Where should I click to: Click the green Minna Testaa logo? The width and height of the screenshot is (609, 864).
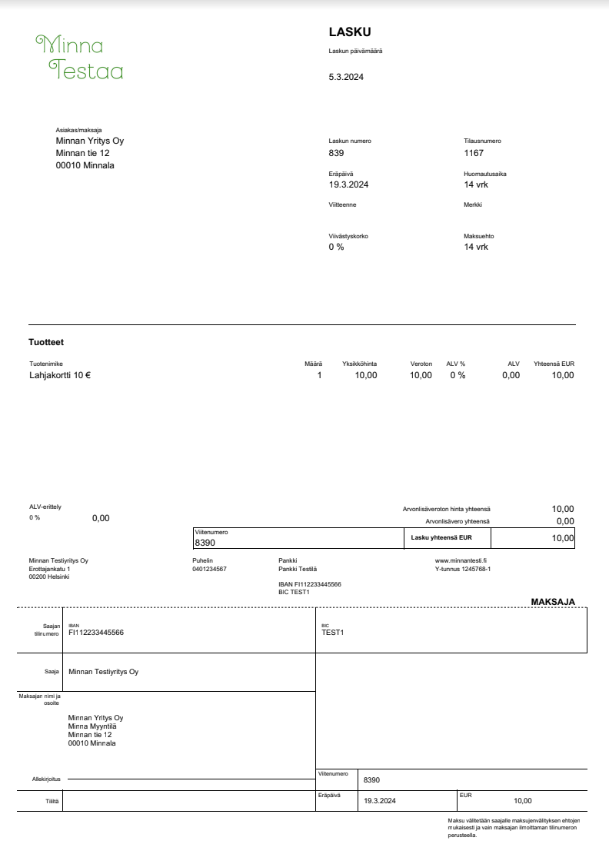pos(80,58)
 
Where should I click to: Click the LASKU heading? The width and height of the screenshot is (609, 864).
pos(350,32)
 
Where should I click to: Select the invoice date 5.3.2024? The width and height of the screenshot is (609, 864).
pos(346,78)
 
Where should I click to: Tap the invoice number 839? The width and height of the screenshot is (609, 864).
pos(336,153)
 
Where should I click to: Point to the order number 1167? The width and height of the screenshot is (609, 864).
pos(474,153)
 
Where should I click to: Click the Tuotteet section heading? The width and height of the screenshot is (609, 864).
pos(45,342)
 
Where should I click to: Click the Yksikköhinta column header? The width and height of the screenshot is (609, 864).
pos(359,364)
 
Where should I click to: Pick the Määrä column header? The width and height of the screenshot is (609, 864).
pos(314,364)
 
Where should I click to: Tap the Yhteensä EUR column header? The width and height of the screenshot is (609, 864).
pos(554,364)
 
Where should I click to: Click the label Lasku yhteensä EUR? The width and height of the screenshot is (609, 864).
pos(441,538)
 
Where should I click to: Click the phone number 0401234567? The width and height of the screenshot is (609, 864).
pos(209,569)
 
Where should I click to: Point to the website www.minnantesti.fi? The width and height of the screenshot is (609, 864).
pos(461,560)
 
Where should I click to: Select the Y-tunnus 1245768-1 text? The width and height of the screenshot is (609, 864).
pos(463,569)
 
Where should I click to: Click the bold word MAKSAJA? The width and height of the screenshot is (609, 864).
pos(553,602)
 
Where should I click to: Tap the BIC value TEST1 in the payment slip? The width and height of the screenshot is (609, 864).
pos(333,633)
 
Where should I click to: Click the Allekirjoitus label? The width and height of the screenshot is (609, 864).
pos(46,779)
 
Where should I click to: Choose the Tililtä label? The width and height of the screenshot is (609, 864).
pos(52,801)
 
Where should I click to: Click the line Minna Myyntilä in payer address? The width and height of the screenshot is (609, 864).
pos(95,726)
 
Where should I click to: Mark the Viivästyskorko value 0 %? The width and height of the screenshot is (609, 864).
pos(336,247)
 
